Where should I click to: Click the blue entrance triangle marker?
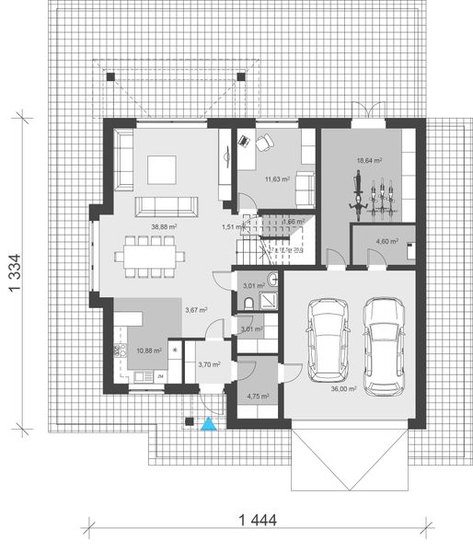click(210, 424)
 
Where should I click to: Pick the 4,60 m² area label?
click(386, 242)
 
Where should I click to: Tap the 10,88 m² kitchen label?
click(150, 351)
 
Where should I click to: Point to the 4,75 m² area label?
click(258, 397)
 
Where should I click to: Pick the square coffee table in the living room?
click(162, 168)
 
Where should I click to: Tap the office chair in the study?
click(263, 144)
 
